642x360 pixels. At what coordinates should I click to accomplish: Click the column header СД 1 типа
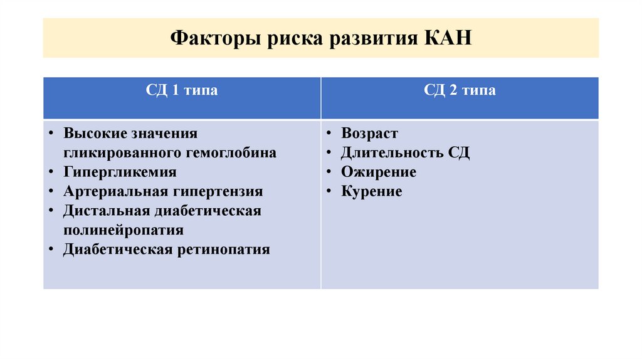click(182, 90)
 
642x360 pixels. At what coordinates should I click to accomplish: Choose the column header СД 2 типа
click(460, 90)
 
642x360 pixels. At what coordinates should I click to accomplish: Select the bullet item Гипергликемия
click(120, 172)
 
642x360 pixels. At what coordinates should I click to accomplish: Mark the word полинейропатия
click(124, 230)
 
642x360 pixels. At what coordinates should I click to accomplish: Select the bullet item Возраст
click(369, 134)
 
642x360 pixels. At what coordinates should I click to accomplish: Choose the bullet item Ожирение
click(379, 172)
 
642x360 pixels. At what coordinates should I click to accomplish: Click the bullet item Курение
click(372, 191)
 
